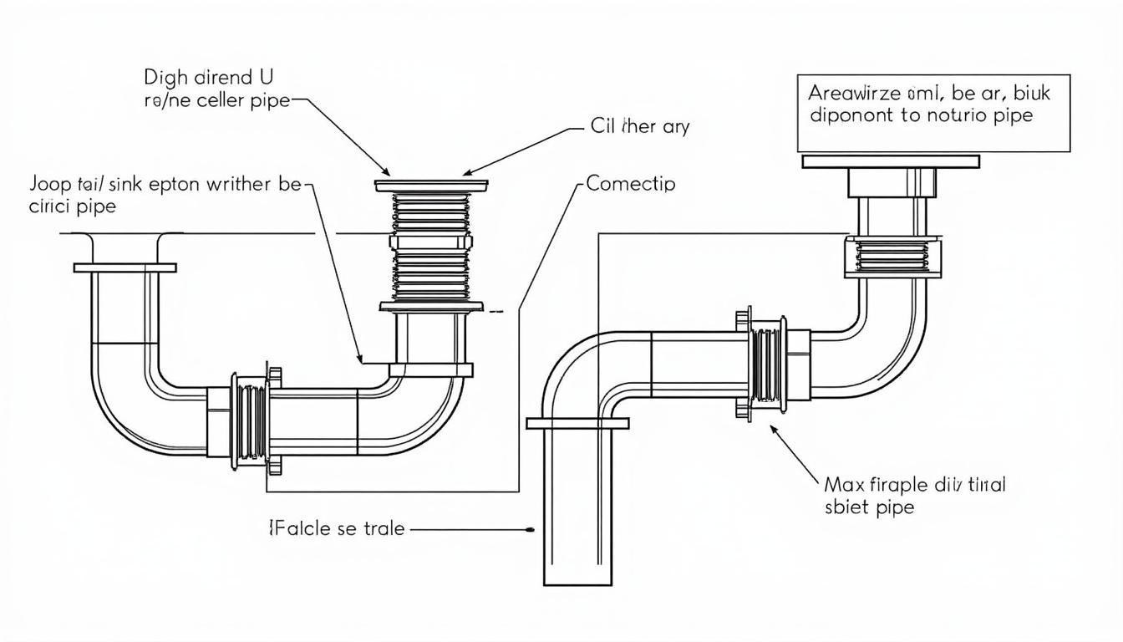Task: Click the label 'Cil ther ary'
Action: tap(640, 128)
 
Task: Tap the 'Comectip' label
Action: tap(631, 183)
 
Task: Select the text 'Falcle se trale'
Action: tap(337, 528)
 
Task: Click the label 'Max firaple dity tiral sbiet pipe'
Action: tap(914, 495)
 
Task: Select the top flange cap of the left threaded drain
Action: tap(432, 183)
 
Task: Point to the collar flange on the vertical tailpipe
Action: tap(577, 424)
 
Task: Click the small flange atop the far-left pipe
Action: tap(124, 267)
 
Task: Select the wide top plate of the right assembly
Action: tap(891, 160)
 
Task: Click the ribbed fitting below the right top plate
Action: tap(892, 257)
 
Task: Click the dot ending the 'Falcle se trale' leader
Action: tap(531, 529)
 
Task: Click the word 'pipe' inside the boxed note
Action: tap(1014, 115)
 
